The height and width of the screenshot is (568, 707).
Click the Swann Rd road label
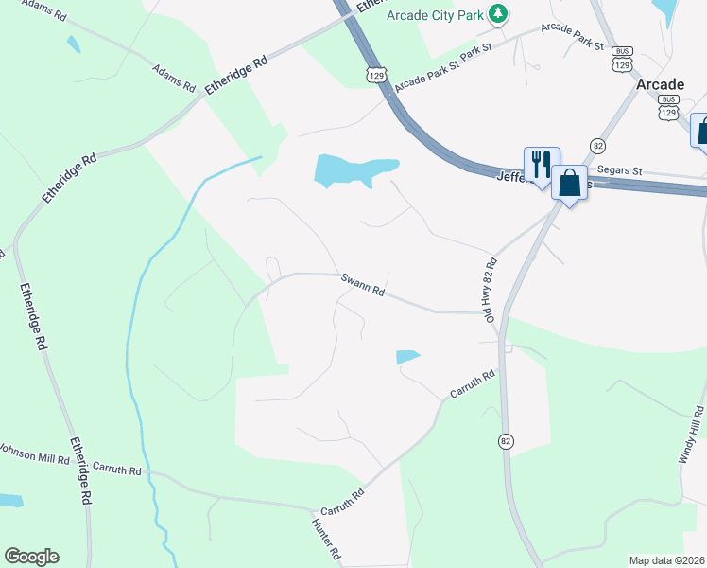363,284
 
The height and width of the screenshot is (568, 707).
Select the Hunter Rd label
326,537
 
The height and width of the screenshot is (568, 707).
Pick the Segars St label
620,170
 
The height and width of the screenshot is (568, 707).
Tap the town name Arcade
660,84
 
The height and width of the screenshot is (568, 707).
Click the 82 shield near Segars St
597,145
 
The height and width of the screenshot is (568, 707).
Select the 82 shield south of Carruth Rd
508,441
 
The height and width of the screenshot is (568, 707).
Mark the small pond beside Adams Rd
73,44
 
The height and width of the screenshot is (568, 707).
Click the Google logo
31,557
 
